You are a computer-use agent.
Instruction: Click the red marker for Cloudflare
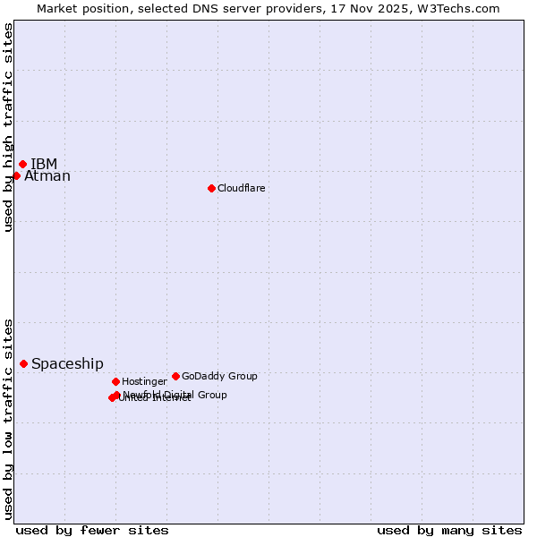211,188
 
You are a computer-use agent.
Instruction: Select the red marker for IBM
22,164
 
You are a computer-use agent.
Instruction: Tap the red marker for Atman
16,175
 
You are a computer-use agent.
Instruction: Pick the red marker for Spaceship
23,363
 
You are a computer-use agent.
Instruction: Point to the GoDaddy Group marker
175,376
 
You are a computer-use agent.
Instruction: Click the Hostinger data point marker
115,381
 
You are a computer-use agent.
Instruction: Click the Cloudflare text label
241,188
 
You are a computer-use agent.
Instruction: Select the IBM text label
44,164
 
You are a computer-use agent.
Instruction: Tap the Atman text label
47,176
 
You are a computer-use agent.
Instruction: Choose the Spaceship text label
67,363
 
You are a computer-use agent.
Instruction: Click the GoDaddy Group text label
219,376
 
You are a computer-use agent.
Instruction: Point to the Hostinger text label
144,381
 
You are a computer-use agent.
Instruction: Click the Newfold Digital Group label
175,394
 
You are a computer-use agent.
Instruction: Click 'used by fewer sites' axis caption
92,530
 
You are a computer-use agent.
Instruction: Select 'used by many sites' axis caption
449,530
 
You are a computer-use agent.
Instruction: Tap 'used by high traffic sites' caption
8,127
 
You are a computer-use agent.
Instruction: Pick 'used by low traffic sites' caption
8,418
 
